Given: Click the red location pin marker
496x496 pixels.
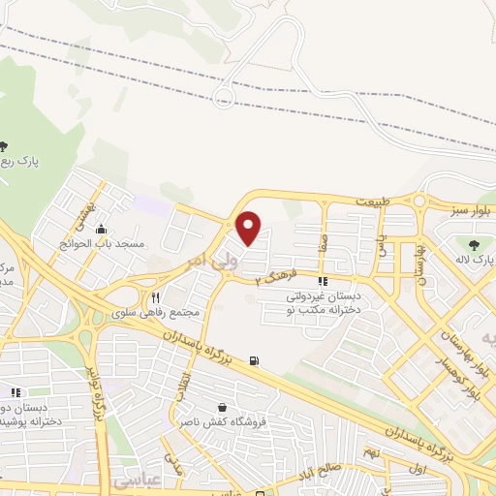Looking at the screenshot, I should tap(250, 227).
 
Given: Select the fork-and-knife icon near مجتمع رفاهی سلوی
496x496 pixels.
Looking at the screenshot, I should tap(155, 297).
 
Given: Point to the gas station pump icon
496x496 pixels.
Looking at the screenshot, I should tap(254, 361).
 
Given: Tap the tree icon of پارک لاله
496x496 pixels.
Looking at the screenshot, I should tap(474, 244).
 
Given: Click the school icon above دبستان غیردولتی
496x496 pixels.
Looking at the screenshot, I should tap(323, 281).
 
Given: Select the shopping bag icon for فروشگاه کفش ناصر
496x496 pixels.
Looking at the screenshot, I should tap(225, 408).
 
